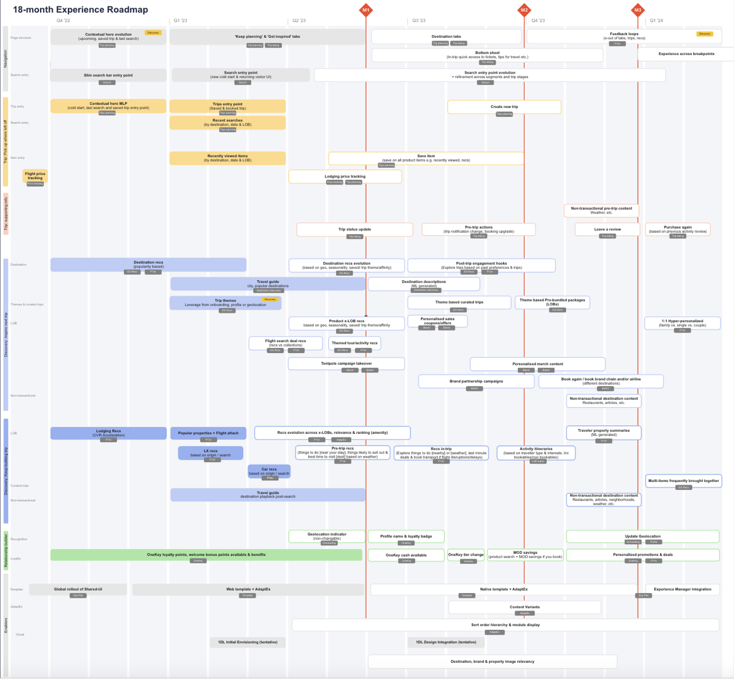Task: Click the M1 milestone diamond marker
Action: (366, 10)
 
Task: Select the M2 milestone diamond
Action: (524, 10)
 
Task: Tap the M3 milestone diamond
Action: (638, 10)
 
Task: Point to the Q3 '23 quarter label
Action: (419, 21)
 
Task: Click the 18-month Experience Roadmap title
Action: (80, 10)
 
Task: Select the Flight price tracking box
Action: (35, 176)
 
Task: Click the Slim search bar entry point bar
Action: (108, 75)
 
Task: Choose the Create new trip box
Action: (504, 107)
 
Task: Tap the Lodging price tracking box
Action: (345, 177)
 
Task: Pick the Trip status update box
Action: (354, 229)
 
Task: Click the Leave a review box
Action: (607, 229)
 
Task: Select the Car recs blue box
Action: (269, 471)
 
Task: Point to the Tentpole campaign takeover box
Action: (346, 364)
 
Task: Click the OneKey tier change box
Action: (466, 555)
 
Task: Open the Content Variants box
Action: (525, 607)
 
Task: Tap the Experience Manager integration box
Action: (682, 589)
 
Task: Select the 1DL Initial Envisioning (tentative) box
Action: (248, 642)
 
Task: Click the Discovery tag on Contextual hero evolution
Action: (153, 33)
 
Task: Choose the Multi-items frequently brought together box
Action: (684, 481)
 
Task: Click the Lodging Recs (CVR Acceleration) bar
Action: (108, 433)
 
